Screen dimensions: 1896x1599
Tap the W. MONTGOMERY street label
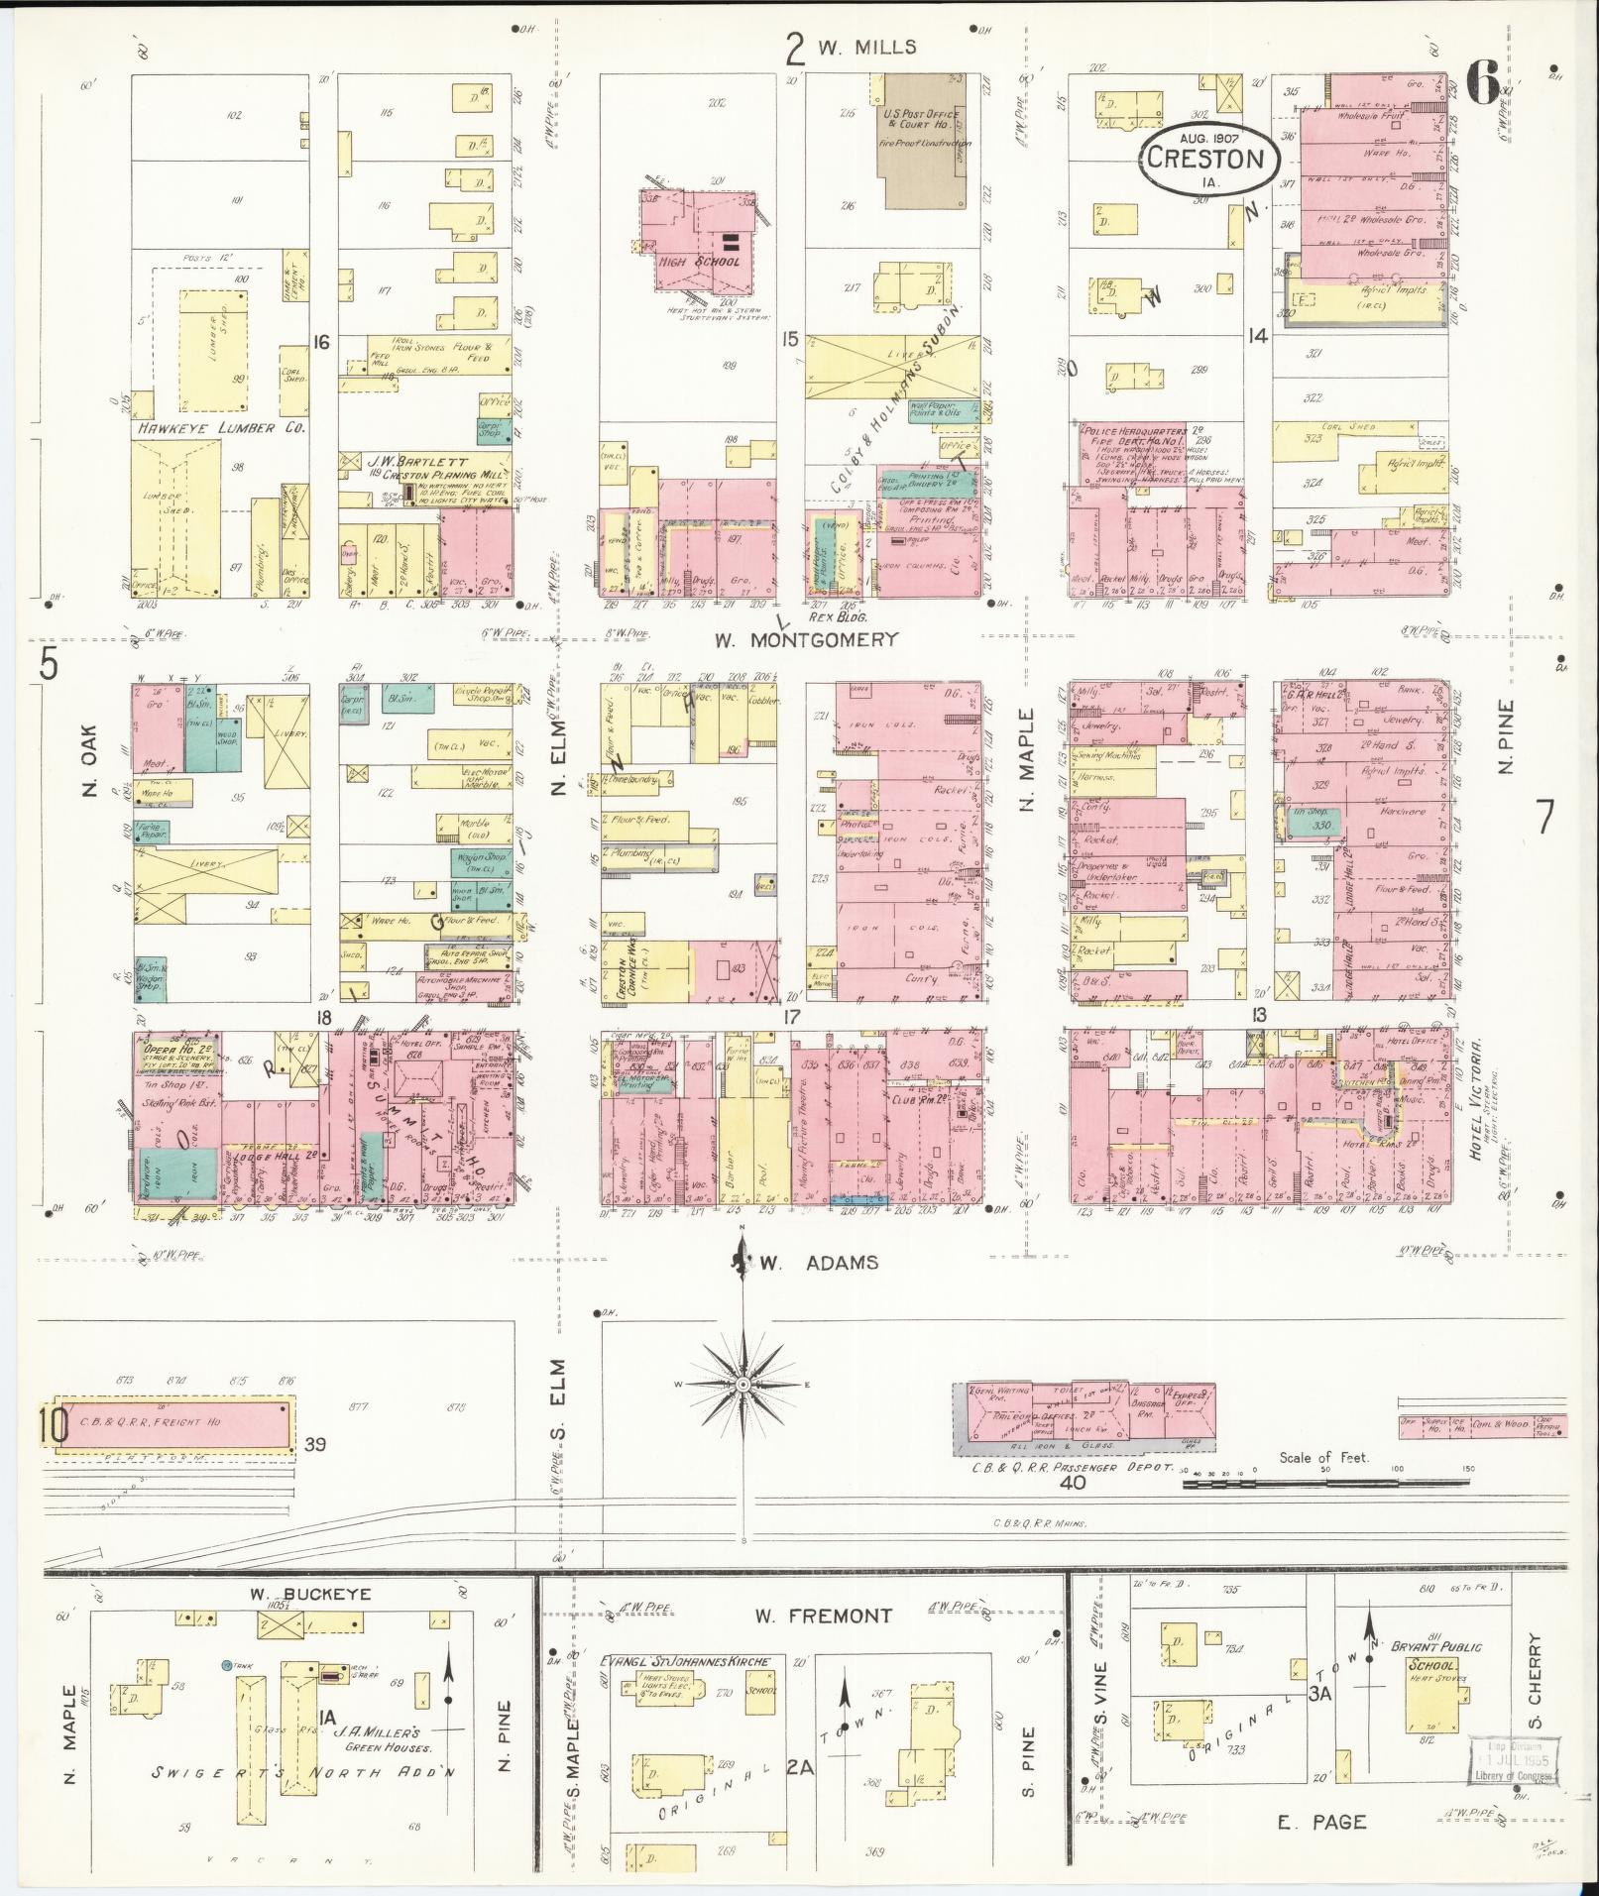pos(806,639)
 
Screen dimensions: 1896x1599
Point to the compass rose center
pos(742,1385)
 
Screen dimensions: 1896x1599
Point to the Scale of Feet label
pos(1323,1457)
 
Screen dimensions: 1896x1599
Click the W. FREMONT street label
pos(823,1617)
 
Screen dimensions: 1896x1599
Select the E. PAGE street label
pos(1321,1822)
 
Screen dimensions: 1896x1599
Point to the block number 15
pos(789,340)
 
